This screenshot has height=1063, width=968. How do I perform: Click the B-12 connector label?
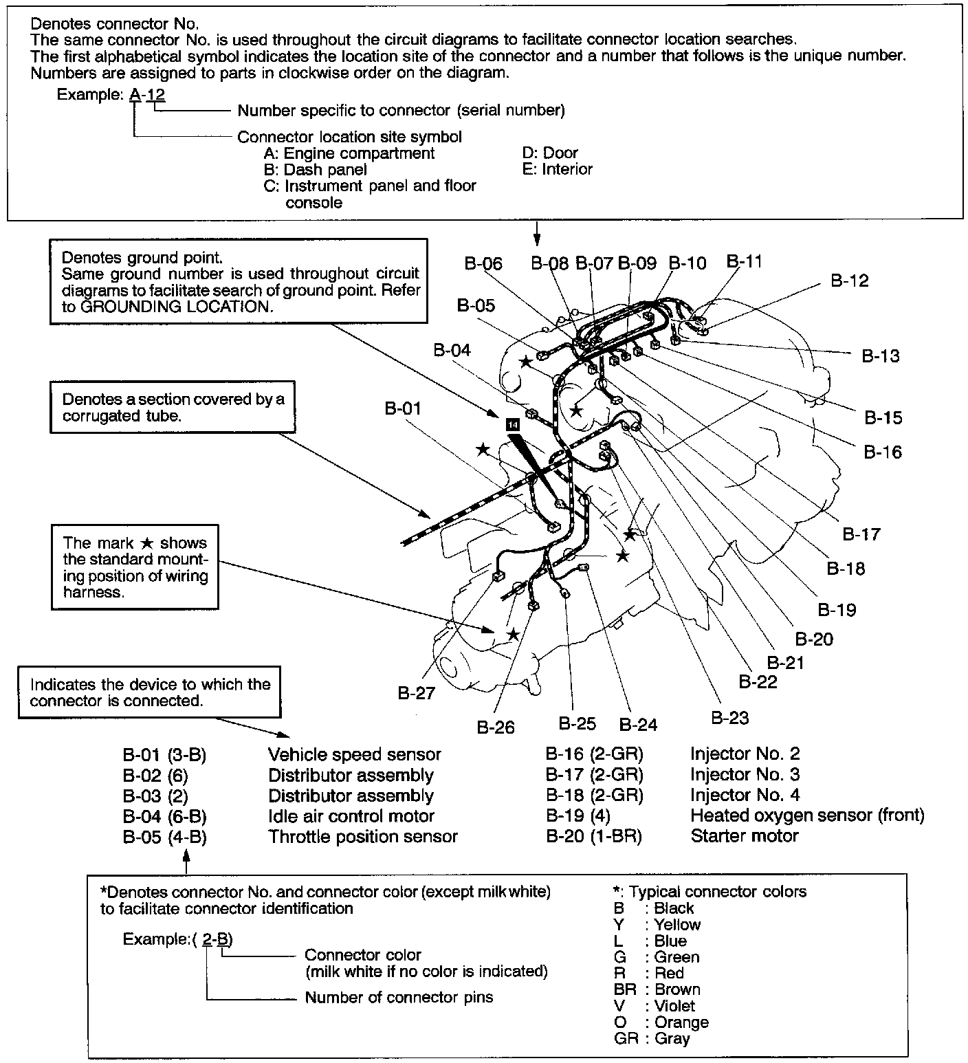coord(849,281)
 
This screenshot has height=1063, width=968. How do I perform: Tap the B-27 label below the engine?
coord(417,692)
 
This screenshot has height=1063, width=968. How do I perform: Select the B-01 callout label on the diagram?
coord(402,408)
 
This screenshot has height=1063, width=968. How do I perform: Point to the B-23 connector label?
coord(729,718)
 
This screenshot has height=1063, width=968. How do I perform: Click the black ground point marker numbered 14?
coord(512,424)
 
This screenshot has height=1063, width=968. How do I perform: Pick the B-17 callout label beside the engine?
coord(861,534)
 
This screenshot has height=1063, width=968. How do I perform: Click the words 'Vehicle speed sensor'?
coord(354,754)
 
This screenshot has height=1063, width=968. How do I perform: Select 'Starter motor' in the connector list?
coord(744,836)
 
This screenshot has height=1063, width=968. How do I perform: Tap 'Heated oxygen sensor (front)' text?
coord(806,815)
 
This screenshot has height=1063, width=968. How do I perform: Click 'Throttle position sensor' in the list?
coord(362,836)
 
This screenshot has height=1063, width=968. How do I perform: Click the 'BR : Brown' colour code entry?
coord(657,989)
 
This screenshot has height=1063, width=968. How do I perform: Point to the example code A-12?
coord(147,94)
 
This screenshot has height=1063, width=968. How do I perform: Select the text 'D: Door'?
coord(550,153)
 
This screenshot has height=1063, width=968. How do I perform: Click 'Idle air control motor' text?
coord(351,816)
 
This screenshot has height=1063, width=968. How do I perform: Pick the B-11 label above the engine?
coord(744,261)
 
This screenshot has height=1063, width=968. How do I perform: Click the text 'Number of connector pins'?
coord(399,997)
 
